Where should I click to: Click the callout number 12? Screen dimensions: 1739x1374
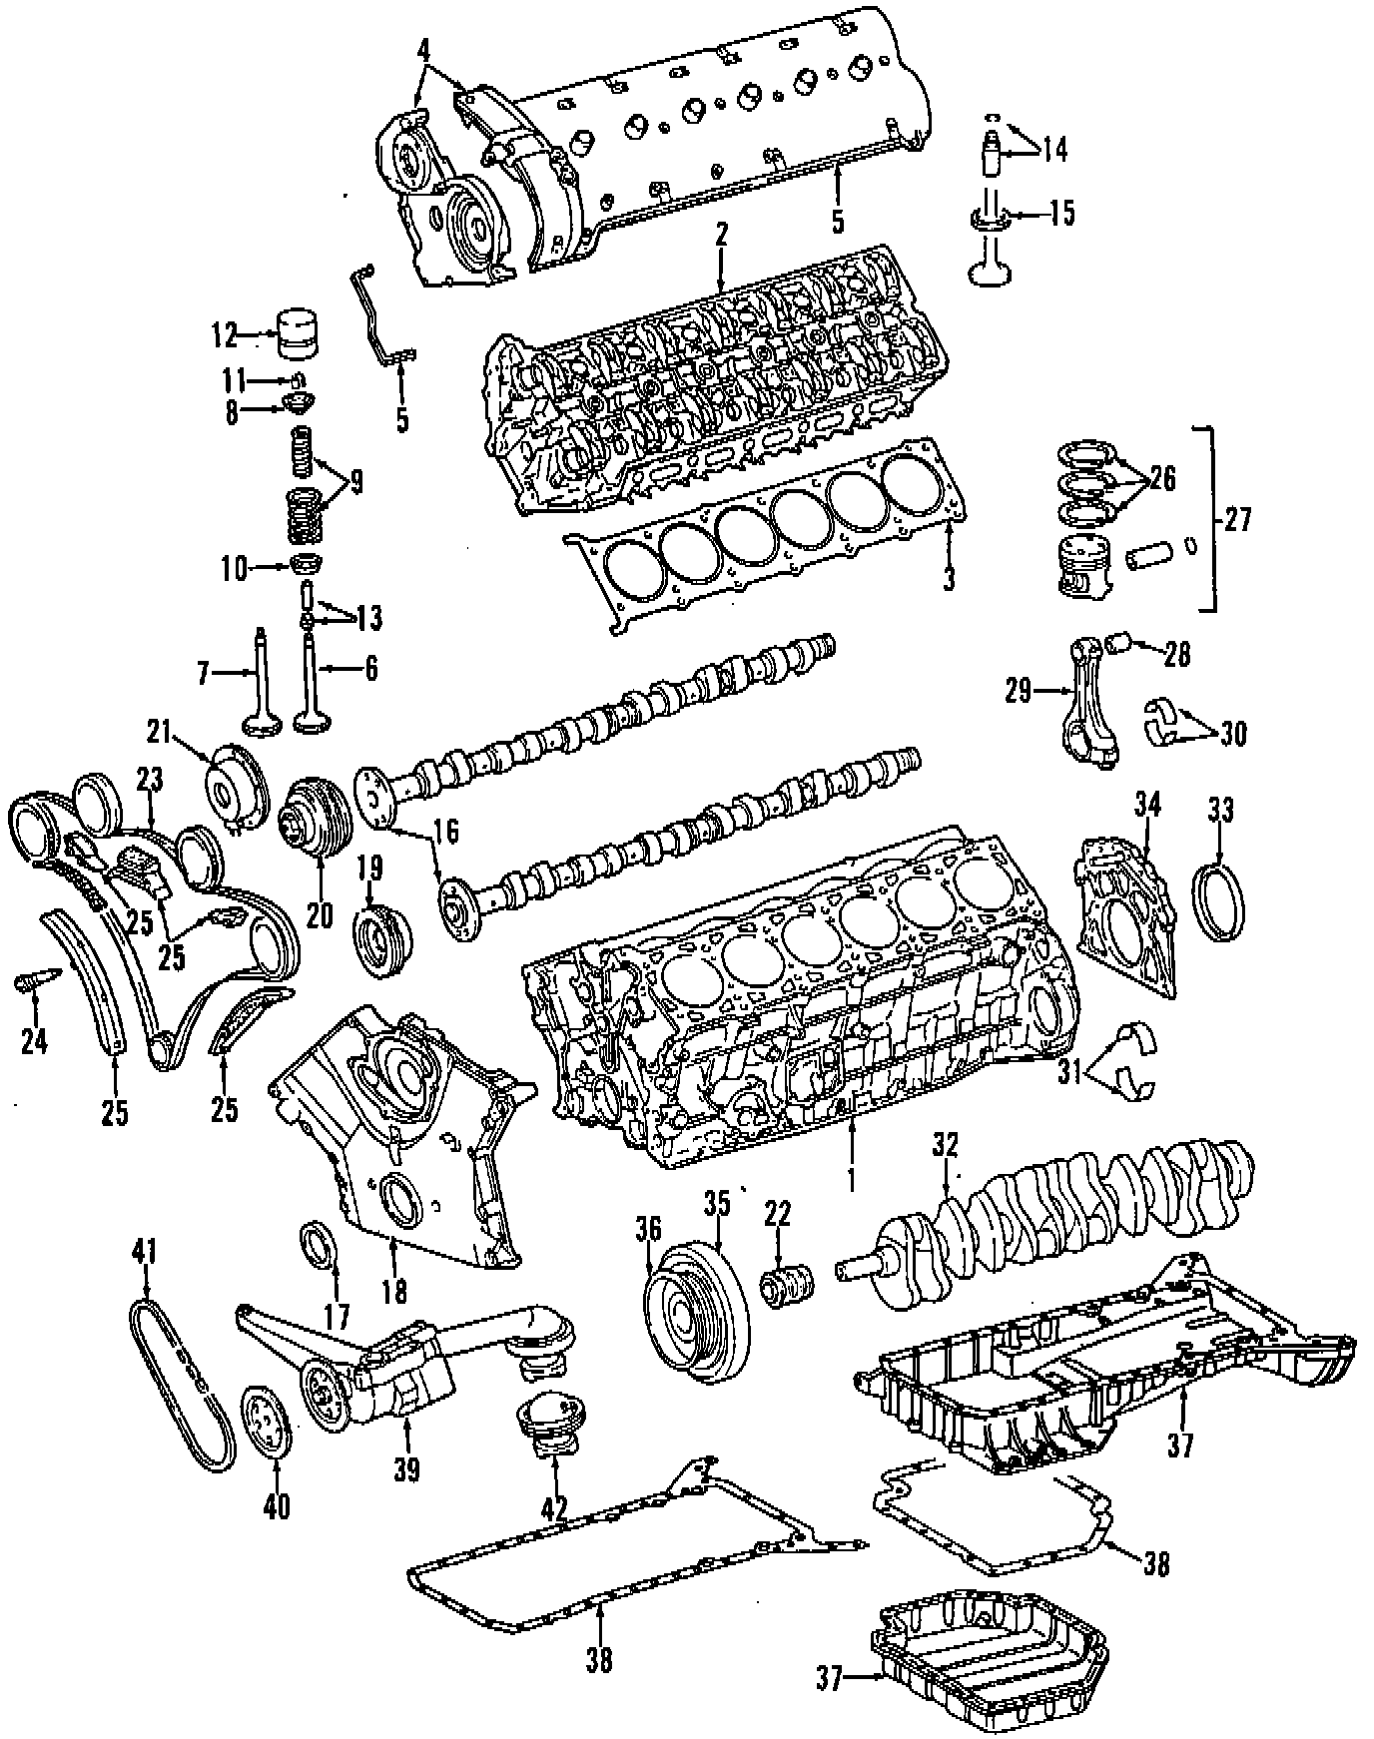(224, 334)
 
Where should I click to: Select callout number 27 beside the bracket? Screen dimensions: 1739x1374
(1236, 520)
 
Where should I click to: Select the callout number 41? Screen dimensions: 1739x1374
(147, 1249)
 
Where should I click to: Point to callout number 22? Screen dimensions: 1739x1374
(777, 1214)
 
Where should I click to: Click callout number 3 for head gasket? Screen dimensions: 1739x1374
(948, 578)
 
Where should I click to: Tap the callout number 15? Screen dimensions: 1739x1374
(1061, 214)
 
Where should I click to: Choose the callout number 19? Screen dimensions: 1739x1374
(370, 868)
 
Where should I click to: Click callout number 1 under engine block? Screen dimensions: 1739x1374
(851, 1179)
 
